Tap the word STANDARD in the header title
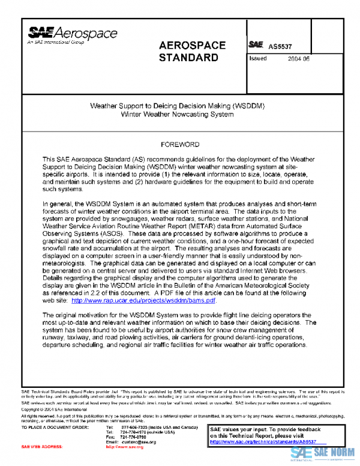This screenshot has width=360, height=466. [x=188, y=58]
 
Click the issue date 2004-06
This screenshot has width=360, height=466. [x=299, y=59]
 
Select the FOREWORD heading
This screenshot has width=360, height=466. [x=180, y=145]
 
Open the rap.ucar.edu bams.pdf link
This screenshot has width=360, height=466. [x=143, y=300]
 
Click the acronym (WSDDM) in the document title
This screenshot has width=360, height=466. [x=248, y=105]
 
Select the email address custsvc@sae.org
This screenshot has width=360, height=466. [x=140, y=442]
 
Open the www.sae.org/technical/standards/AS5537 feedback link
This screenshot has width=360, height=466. [x=262, y=442]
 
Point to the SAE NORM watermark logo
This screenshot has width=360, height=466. [x=323, y=453]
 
